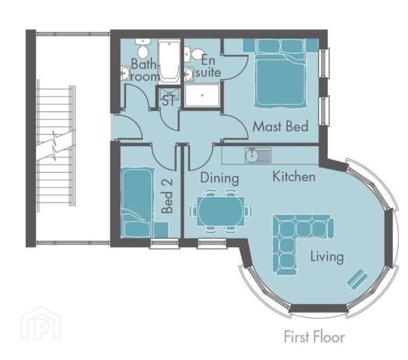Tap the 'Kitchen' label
point(294,176)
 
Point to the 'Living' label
point(327,257)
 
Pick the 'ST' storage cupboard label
point(168,101)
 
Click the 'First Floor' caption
point(314,337)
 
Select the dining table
point(222,211)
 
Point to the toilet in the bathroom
point(142,49)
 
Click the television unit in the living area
point(356,278)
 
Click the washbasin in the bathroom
point(125,73)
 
